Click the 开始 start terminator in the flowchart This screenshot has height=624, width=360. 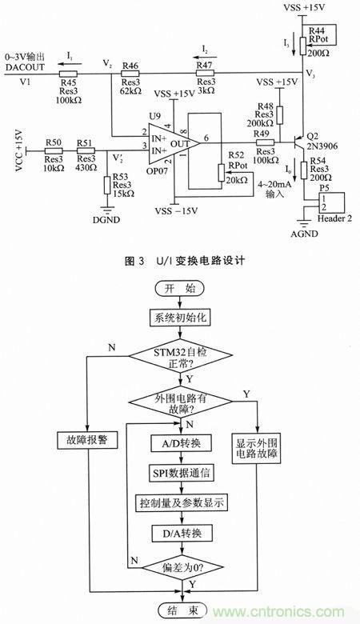click(180, 290)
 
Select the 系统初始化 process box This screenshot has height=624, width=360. click(180, 318)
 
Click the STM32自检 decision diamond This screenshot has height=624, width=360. click(180, 357)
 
